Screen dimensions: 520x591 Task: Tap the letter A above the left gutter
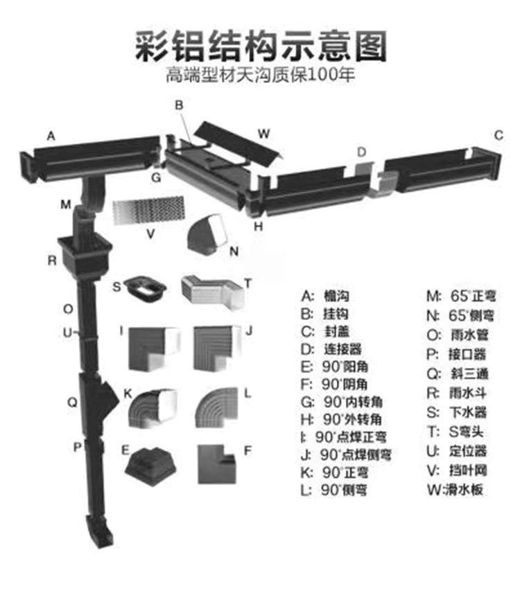[50, 136]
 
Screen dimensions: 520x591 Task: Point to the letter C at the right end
[498, 135]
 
